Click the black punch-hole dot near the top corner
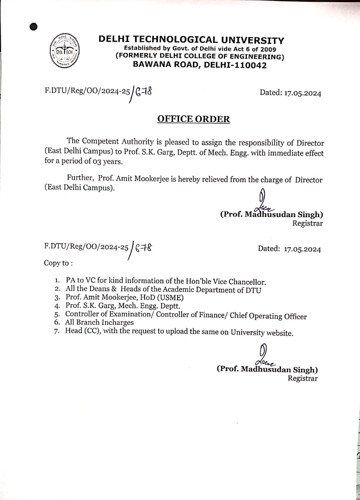(34, 27)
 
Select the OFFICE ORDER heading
(193, 119)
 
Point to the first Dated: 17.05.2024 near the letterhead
(290, 93)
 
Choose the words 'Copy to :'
(58, 263)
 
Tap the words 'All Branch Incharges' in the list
(99, 322)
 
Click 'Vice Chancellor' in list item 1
(242, 282)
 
